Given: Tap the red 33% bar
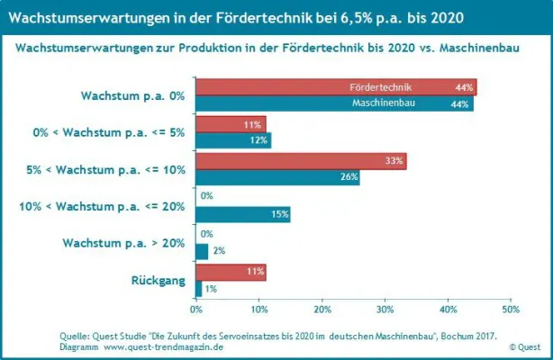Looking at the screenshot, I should coord(301,161).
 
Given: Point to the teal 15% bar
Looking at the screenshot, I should coord(242,214).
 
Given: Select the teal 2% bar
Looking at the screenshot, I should coord(202,251).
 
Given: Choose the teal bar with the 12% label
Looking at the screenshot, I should coord(232,140).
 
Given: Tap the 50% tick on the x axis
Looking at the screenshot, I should coord(510,309).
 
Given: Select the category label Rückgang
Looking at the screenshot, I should coord(159,280).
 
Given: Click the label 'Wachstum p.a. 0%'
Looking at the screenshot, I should coord(132,94).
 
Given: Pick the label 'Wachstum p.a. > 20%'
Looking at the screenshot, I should coord(123,243).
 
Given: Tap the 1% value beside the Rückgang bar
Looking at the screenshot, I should coord(211,288).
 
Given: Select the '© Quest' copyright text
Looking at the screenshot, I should coord(525,346).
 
